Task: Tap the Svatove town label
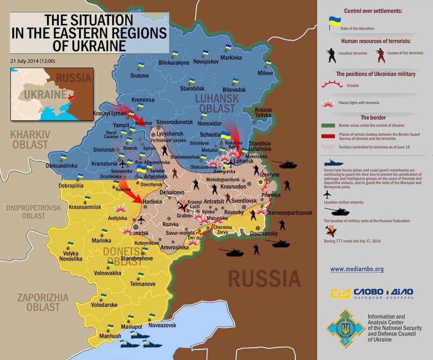pos(139,76)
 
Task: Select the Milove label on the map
pos(266,73)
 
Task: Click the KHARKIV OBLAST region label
pos(30,140)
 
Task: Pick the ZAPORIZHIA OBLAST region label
pos(43,302)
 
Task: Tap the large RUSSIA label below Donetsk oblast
pos(264,279)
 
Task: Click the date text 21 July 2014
pos(33,60)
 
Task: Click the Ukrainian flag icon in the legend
pos(335,22)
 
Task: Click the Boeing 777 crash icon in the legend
pos(331,231)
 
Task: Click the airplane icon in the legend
pos(326,194)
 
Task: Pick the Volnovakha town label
pos(107,273)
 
